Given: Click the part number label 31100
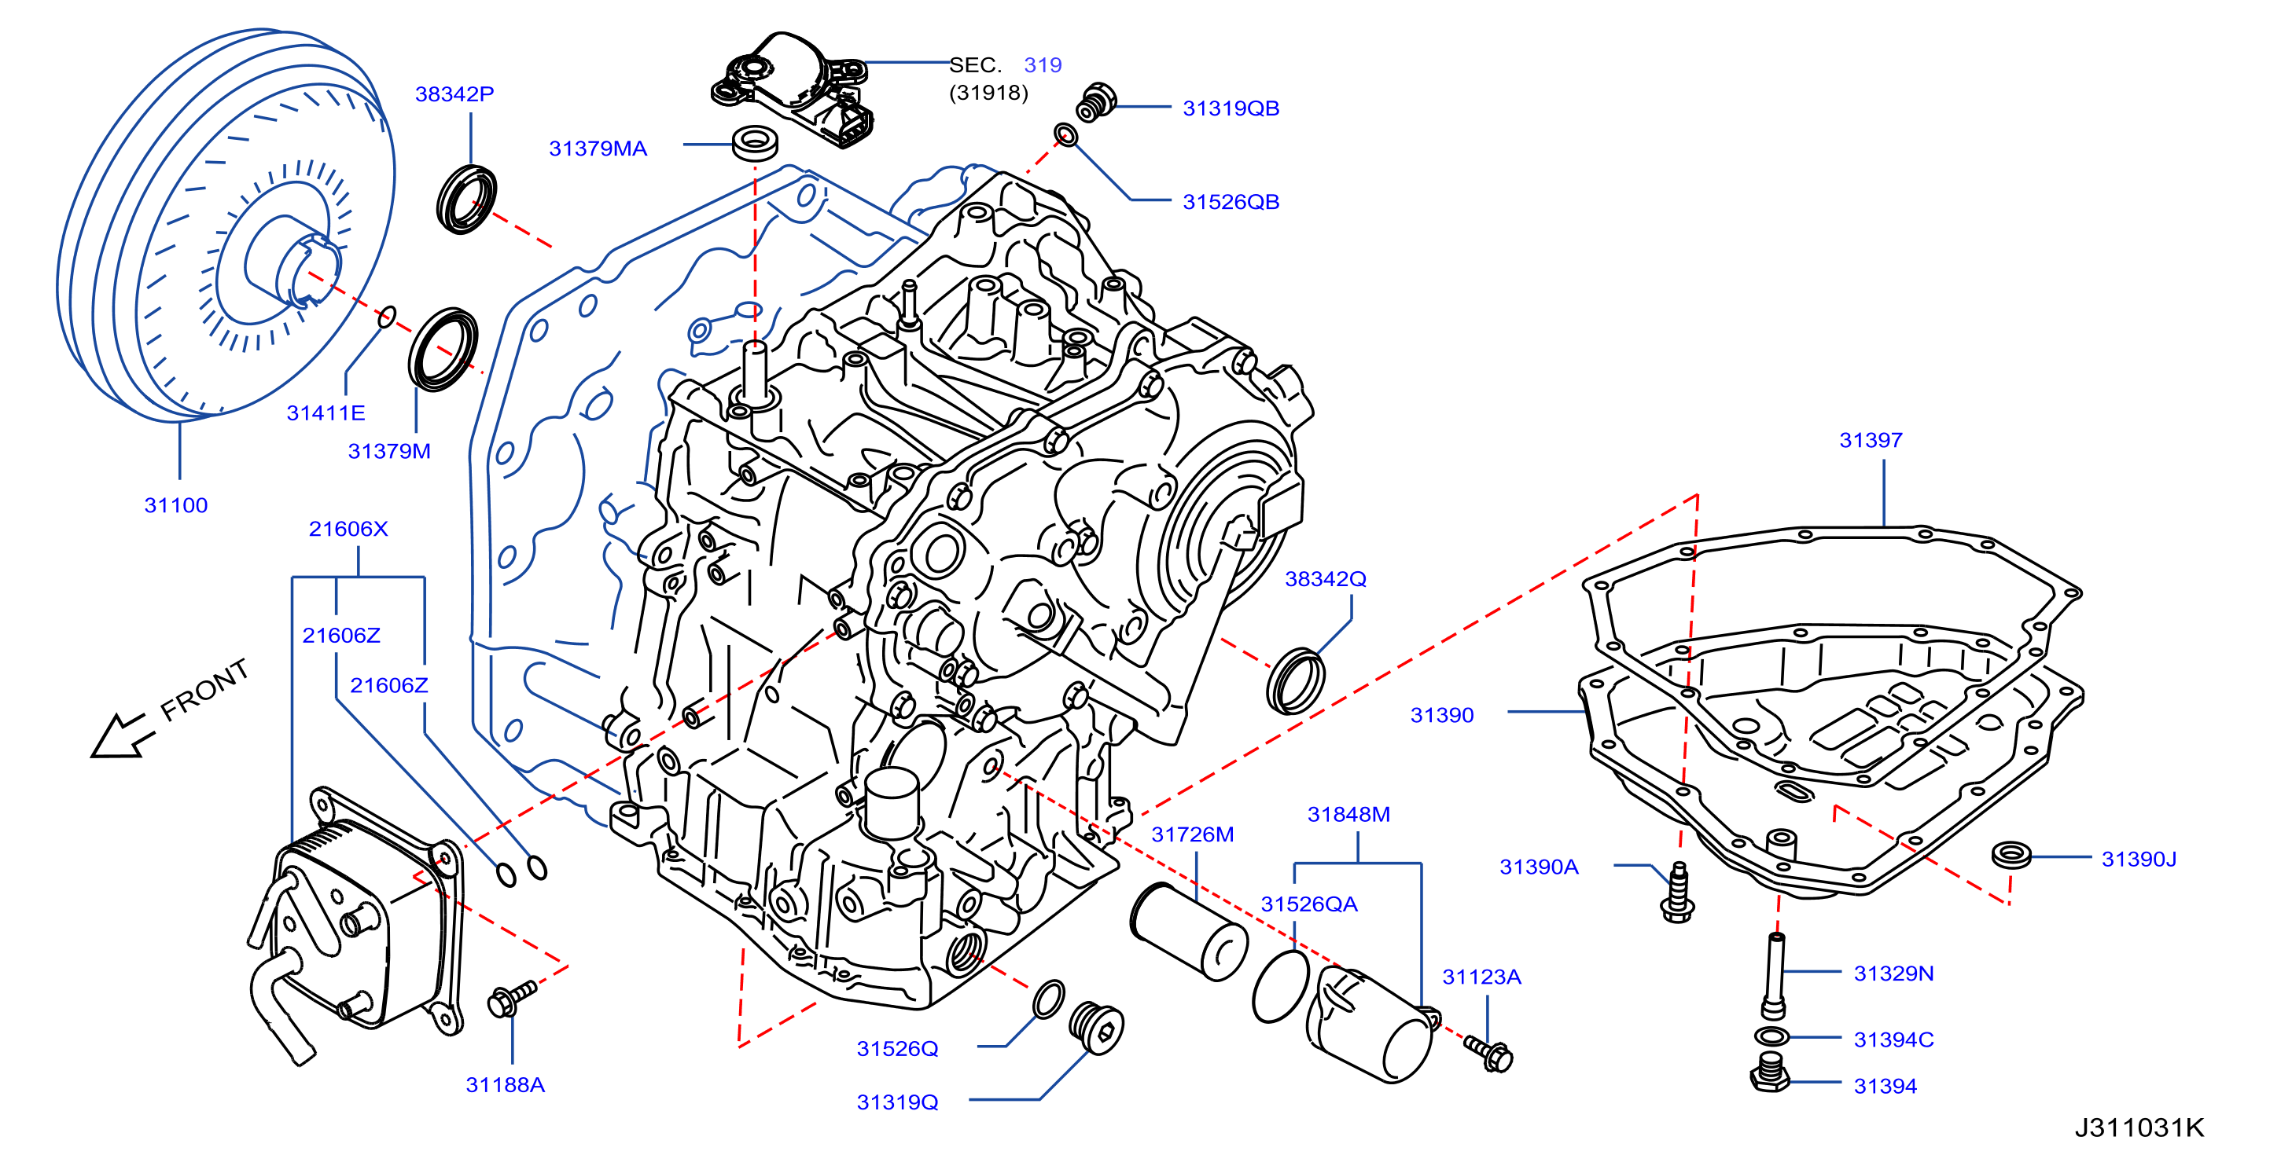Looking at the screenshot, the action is tap(176, 505).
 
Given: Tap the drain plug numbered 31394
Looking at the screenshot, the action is tap(1770, 1073).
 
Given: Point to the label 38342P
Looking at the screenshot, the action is tap(454, 93).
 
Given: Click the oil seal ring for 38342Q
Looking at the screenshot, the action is tap(1294, 680).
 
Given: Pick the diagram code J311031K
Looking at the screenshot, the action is tap(2139, 1127).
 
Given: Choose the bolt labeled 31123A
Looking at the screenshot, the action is tap(1489, 1054).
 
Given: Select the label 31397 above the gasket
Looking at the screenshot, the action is tap(1871, 440).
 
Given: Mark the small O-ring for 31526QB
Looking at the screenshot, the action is tap(1066, 135).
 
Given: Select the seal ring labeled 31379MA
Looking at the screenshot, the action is tap(756, 143).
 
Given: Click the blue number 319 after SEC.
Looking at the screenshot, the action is tap(1043, 65).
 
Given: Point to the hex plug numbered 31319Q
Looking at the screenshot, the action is tap(1096, 1028).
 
